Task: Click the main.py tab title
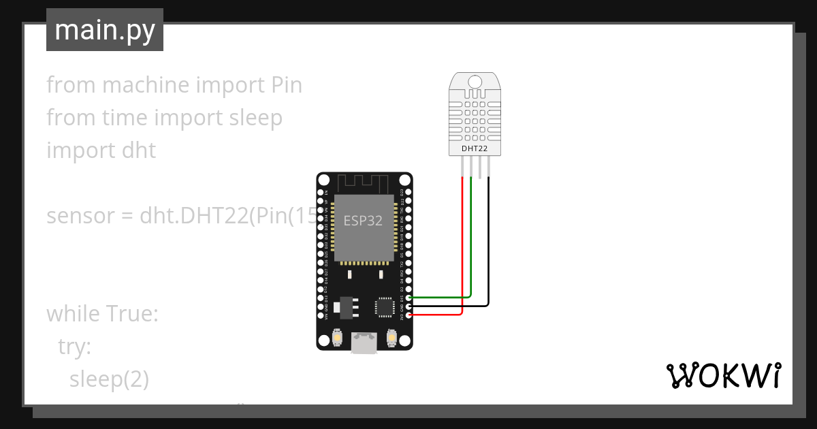point(104,30)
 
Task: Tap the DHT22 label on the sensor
point(476,147)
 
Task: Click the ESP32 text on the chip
point(362,221)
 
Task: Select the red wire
point(463,245)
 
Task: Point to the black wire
point(488,245)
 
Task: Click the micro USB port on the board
point(364,343)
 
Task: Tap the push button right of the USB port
point(391,336)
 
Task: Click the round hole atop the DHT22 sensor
point(476,82)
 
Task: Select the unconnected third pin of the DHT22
point(480,167)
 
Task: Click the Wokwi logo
point(722,375)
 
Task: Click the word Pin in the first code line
point(282,85)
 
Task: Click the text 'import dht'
point(101,150)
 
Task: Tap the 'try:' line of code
point(74,347)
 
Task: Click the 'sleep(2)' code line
point(109,379)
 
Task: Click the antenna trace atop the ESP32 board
point(362,182)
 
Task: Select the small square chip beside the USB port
point(384,306)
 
